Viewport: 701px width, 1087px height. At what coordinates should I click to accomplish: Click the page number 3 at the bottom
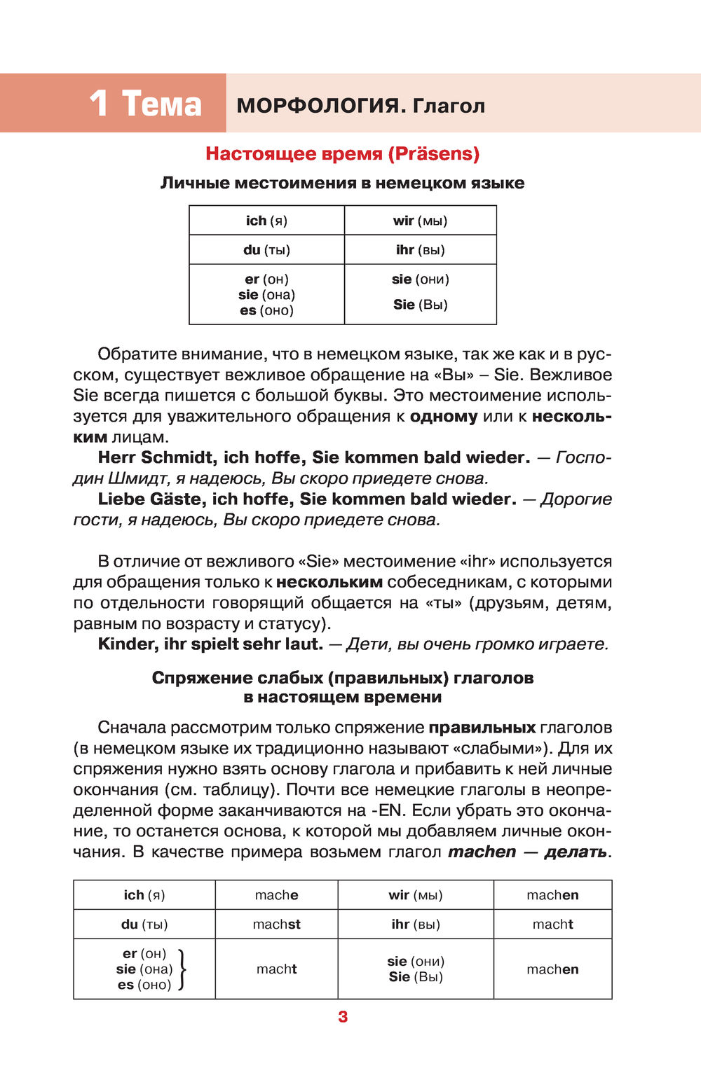pos(343,1016)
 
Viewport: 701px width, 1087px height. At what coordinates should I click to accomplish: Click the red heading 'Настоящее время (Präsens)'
pos(343,153)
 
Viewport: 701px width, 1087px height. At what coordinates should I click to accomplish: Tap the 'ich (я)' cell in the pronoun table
pos(266,221)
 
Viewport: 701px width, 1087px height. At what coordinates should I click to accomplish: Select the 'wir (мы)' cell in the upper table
pos(420,221)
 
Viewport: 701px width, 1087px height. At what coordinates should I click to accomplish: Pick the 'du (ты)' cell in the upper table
pos(266,250)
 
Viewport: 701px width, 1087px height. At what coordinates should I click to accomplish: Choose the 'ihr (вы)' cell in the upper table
pos(420,250)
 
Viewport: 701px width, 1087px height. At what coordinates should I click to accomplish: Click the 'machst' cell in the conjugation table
pos(276,924)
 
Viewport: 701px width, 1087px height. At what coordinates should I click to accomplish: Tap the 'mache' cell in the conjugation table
pos(276,895)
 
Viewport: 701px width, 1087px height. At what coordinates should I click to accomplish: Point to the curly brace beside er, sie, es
pos(182,969)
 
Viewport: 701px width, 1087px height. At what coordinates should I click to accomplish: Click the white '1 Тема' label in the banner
pos(145,104)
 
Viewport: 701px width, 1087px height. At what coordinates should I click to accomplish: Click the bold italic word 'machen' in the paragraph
pos(482,852)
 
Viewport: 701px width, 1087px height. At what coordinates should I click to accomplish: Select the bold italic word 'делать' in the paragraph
pos(576,852)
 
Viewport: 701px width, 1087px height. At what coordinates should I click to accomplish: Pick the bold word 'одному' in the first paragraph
pos(444,416)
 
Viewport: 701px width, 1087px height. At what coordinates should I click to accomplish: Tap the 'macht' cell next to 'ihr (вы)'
pos(552,924)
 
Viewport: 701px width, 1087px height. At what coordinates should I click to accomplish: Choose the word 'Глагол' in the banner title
pos(449,106)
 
